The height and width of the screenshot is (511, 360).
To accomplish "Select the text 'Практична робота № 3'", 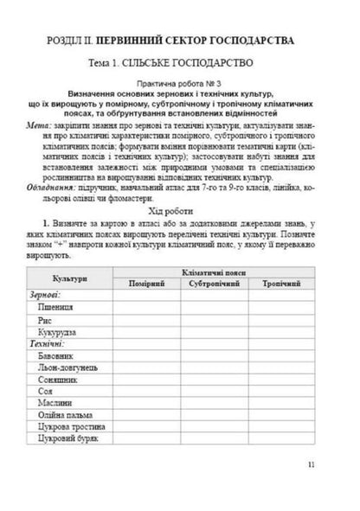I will pyautogui.click(x=179, y=80).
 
